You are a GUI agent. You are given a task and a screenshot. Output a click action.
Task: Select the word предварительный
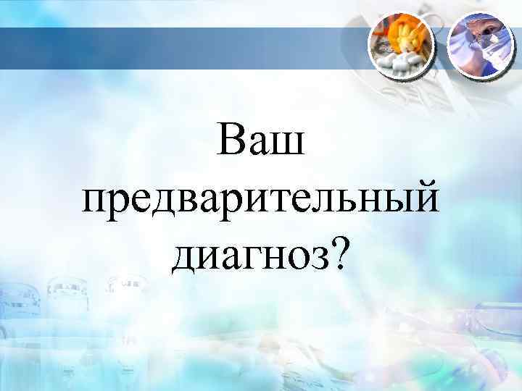[261, 199]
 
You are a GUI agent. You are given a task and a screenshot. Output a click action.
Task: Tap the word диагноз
[249, 255]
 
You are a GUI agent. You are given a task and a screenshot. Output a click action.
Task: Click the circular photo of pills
[402, 46]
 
